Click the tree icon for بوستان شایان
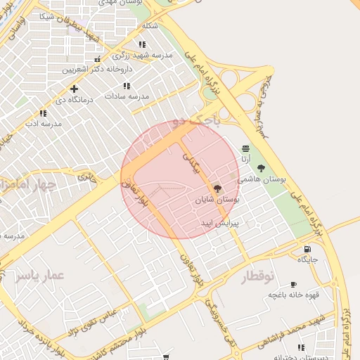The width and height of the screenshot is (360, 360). pyautogui.click(x=217, y=189)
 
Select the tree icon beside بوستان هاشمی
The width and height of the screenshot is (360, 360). pyautogui.click(x=262, y=168)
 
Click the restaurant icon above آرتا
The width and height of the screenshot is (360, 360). pyautogui.click(x=245, y=149)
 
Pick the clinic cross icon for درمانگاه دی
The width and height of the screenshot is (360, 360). pyautogui.click(x=74, y=89)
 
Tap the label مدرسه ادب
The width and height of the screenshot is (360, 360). pyautogui.click(x=44, y=124)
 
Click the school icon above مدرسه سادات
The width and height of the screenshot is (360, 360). pyautogui.click(x=127, y=86)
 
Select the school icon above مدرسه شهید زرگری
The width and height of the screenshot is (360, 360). pyautogui.click(x=142, y=44)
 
